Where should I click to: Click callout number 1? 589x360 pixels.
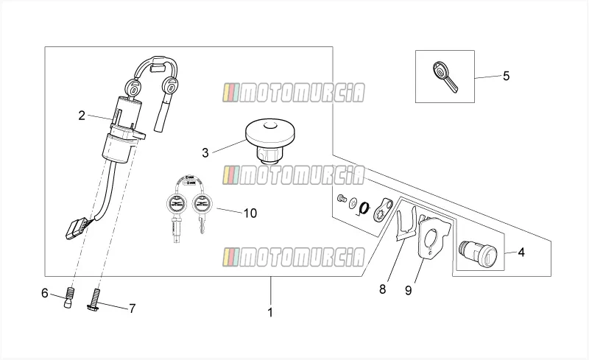point(270,312)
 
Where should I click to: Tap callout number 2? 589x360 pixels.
point(82,116)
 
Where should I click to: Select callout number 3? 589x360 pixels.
point(205,153)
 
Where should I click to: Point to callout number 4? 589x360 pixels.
point(521,253)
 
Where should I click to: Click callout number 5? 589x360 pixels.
point(507,76)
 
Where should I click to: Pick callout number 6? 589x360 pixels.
point(45,293)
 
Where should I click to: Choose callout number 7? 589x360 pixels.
point(133,309)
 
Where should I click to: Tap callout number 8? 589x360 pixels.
point(382,289)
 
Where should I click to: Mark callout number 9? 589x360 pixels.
point(409,291)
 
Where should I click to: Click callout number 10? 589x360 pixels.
point(250,213)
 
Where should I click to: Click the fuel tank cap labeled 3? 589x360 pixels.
point(270,141)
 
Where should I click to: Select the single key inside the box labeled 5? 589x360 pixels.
point(445,77)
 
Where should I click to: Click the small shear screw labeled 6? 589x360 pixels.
point(69,297)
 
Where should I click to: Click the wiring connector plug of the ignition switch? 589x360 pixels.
point(77,228)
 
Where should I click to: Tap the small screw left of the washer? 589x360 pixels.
point(342,199)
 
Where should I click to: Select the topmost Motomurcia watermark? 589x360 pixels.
point(293,93)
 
